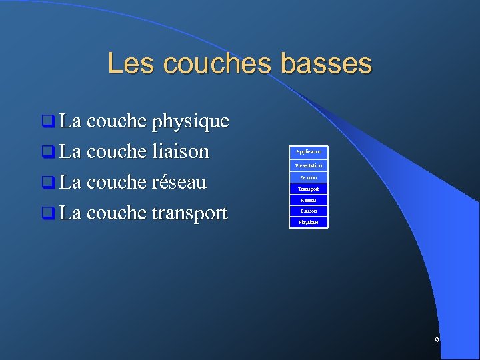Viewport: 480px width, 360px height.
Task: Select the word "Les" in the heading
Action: point(131,64)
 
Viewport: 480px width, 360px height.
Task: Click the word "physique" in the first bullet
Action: point(191,122)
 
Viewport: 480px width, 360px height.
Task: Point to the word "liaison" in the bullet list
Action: point(181,152)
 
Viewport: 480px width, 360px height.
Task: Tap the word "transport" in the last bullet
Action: point(190,213)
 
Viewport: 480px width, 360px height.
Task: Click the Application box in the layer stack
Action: point(309,152)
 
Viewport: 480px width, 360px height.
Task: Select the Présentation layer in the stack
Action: point(309,165)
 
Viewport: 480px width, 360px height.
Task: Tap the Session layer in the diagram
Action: point(309,177)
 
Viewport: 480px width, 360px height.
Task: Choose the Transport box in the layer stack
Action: point(309,189)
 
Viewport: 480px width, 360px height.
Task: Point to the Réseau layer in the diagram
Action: point(309,200)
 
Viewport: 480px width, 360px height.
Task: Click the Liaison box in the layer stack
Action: point(309,211)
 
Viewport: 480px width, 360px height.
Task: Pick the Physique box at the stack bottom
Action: point(309,221)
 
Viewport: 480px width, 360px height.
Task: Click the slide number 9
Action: point(437,341)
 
